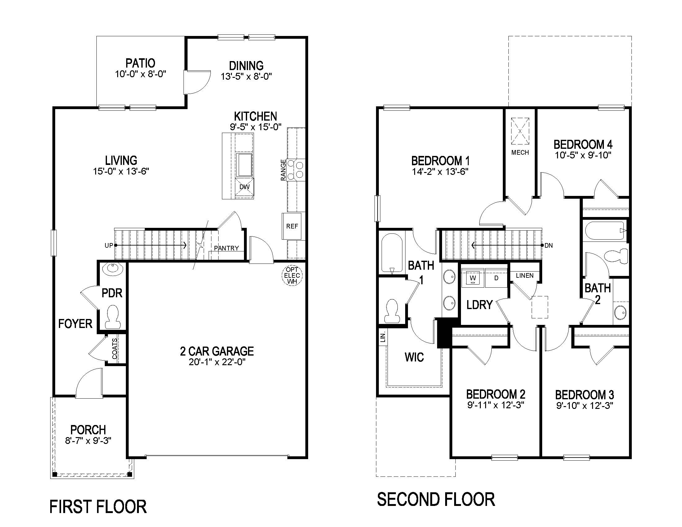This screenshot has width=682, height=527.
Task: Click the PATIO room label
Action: click(x=140, y=63)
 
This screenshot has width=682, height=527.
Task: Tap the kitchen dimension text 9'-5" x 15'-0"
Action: click(x=255, y=127)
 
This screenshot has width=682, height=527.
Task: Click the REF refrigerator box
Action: click(x=292, y=226)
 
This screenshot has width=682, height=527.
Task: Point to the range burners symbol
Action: click(x=296, y=170)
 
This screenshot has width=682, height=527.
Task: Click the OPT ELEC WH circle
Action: click(x=292, y=275)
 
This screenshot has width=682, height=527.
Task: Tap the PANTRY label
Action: click(x=226, y=248)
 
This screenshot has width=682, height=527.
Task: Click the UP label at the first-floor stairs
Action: click(x=108, y=246)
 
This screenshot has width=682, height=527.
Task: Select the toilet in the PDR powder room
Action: click(x=112, y=316)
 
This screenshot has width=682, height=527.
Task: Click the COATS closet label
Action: click(x=115, y=348)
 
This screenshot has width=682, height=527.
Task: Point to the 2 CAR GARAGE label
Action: click(x=217, y=351)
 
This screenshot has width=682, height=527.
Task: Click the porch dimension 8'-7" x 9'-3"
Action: click(x=88, y=441)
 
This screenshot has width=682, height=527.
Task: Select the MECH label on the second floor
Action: click(x=520, y=153)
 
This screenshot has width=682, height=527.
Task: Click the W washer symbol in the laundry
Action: click(x=473, y=278)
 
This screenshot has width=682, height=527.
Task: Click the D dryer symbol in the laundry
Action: click(x=496, y=278)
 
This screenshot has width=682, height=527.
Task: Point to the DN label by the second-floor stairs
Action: click(x=549, y=246)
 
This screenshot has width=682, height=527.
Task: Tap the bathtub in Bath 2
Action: click(x=604, y=230)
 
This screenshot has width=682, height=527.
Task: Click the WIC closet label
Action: click(x=414, y=357)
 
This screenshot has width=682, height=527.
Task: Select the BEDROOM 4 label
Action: click(x=583, y=144)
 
